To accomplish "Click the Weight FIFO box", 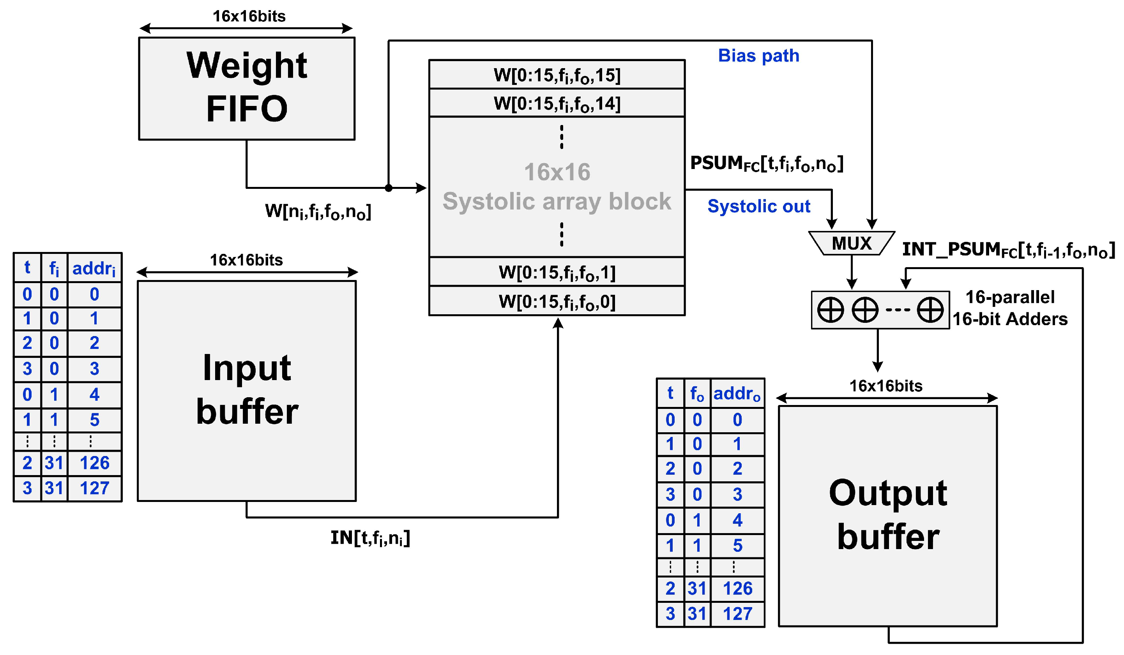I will click(247, 88).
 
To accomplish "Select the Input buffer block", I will click(247, 391).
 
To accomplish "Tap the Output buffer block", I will click(887, 516).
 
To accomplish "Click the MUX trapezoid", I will click(852, 243).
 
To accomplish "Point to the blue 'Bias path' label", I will click(758, 56).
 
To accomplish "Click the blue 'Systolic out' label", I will click(758, 206).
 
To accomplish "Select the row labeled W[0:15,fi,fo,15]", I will click(557, 75).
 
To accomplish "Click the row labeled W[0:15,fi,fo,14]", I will click(557, 103).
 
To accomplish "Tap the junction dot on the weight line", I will click(389, 188).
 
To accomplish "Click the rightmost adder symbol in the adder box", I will click(930, 310).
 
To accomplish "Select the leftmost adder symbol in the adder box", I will click(830, 310).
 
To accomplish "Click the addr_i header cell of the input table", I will click(94, 268).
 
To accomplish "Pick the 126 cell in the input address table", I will click(94, 463).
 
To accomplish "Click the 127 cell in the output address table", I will click(737, 614).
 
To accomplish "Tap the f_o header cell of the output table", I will click(697, 393).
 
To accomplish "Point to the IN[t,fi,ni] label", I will click(370, 538).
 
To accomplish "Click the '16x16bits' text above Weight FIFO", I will click(249, 16).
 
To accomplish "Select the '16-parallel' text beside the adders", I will click(1010, 297).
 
